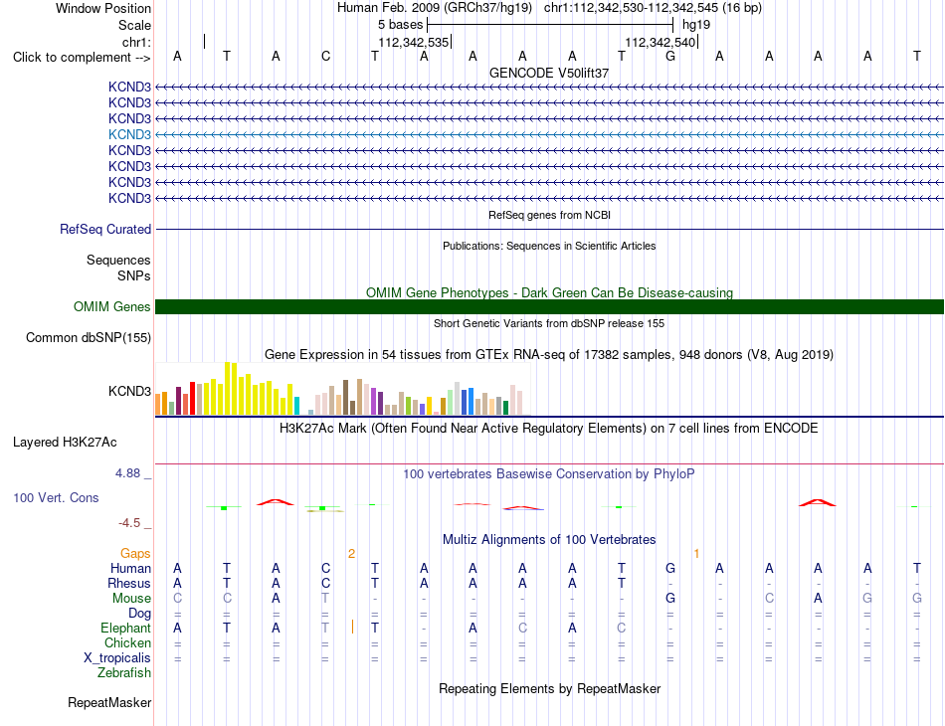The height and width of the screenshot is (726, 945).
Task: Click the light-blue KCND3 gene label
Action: (x=129, y=134)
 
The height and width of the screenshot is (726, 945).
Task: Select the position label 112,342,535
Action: (x=414, y=42)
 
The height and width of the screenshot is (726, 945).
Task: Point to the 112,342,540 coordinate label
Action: (x=660, y=42)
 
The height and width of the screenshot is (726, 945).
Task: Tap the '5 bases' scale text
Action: (x=400, y=25)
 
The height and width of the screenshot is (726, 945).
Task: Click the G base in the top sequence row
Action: (x=670, y=56)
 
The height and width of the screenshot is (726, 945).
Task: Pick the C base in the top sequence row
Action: (x=325, y=56)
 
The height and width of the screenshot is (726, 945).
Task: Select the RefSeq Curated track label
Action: (x=105, y=229)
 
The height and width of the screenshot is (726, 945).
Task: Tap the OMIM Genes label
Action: (x=112, y=306)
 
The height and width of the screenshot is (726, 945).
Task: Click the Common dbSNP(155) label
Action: (x=89, y=337)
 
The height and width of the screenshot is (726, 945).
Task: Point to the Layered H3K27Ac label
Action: (x=65, y=443)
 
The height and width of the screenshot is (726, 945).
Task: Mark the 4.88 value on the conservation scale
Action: (x=127, y=473)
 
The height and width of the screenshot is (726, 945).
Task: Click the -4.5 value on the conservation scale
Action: (x=129, y=523)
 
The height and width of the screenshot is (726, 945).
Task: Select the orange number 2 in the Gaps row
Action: (x=351, y=554)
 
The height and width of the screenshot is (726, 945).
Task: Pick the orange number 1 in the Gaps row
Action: (x=696, y=554)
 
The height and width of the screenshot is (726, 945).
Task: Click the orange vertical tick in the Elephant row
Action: (x=352, y=628)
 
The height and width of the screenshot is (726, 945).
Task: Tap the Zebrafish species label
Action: (x=124, y=672)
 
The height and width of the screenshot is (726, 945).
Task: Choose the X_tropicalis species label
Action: (x=117, y=658)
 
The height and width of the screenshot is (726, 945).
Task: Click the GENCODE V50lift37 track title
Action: (x=549, y=73)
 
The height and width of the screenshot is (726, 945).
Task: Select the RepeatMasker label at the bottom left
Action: (x=109, y=702)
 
